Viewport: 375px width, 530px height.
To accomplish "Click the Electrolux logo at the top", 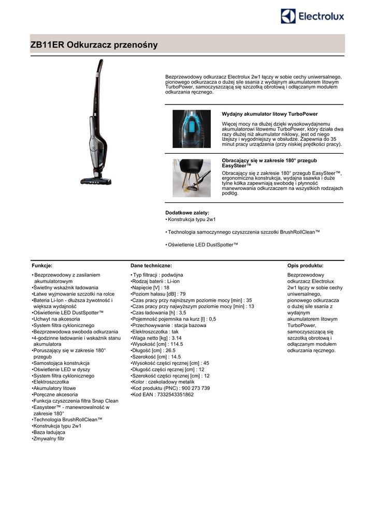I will pos(312,17).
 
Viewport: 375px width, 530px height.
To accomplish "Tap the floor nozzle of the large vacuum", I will pos(96,181).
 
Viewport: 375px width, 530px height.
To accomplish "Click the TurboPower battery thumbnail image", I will pos(192,129).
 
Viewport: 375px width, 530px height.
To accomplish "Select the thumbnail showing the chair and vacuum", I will pos(192,178).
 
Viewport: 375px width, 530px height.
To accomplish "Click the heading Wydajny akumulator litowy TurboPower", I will pos(269,114).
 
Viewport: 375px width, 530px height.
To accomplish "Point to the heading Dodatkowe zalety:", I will pos(187,213).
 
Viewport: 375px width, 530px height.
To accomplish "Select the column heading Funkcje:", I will pos(42,266).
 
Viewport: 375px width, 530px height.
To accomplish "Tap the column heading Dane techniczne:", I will pos(151,266).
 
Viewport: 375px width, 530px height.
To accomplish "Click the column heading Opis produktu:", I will pos(305,266).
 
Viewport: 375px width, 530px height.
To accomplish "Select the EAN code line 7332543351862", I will pos(163,394).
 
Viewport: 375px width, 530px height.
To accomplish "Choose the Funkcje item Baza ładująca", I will pos(49,432).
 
